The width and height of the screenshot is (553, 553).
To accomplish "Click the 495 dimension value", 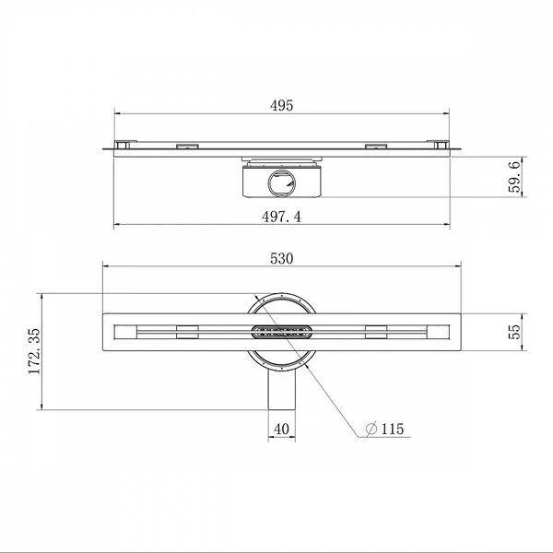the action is (281, 105).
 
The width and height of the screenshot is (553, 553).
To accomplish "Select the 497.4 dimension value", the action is (281, 217).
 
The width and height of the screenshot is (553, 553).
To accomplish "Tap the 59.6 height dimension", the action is (514, 176).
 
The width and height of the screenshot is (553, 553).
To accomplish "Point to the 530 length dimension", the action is (281, 258).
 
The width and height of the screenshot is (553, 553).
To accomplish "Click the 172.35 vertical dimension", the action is (35, 351).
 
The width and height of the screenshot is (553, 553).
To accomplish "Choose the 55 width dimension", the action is (514, 332).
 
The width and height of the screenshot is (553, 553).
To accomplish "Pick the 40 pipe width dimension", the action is (281, 429).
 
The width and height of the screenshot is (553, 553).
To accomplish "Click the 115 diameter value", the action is (393, 429).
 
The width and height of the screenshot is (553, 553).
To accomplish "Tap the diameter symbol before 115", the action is (371, 429).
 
